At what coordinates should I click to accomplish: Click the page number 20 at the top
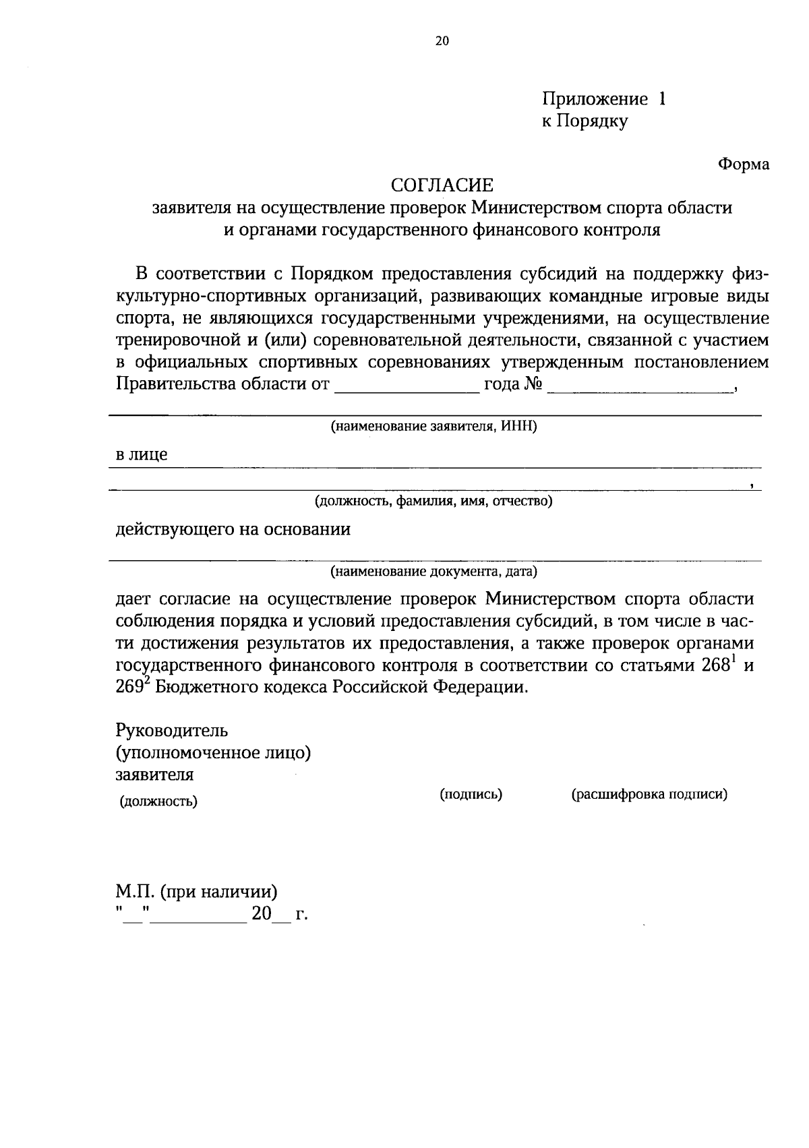[442, 41]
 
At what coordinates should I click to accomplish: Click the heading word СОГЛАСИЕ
[443, 185]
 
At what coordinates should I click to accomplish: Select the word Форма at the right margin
[743, 164]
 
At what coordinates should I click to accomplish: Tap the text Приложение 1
[604, 100]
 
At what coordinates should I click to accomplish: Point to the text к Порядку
[585, 122]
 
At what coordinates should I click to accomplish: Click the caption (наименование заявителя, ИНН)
[433, 427]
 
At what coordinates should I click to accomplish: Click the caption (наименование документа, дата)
[433, 572]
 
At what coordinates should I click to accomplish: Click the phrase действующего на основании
[233, 529]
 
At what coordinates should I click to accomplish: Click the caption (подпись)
[471, 794]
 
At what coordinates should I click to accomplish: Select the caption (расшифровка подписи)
[649, 794]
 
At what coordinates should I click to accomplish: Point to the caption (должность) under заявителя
[158, 802]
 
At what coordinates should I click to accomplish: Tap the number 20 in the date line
[261, 914]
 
